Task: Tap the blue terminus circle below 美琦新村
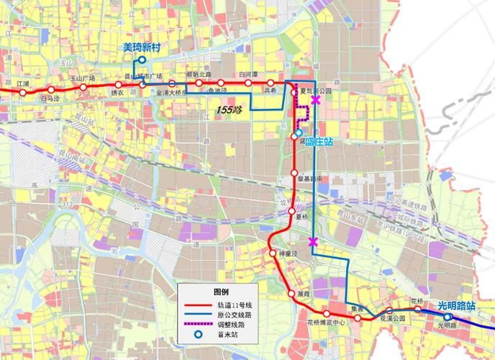pos(142,60)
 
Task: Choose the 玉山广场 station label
pos(83,78)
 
